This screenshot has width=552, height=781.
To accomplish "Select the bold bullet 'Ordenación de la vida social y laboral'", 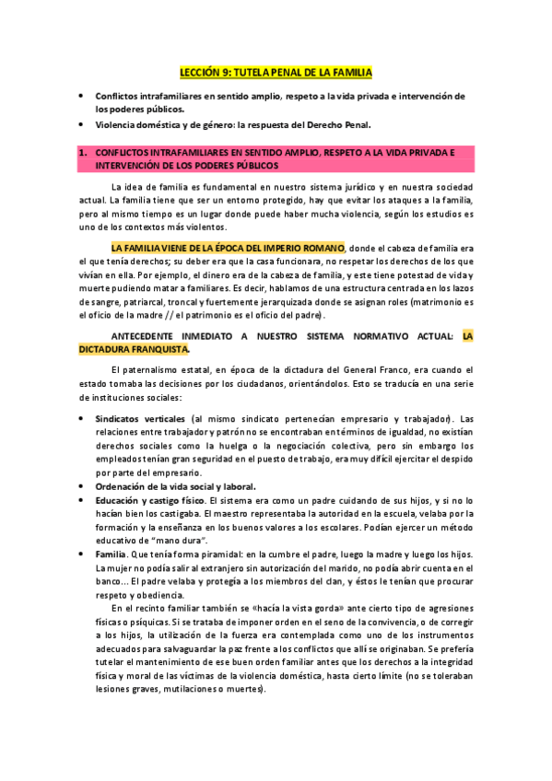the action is [x=175, y=485].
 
